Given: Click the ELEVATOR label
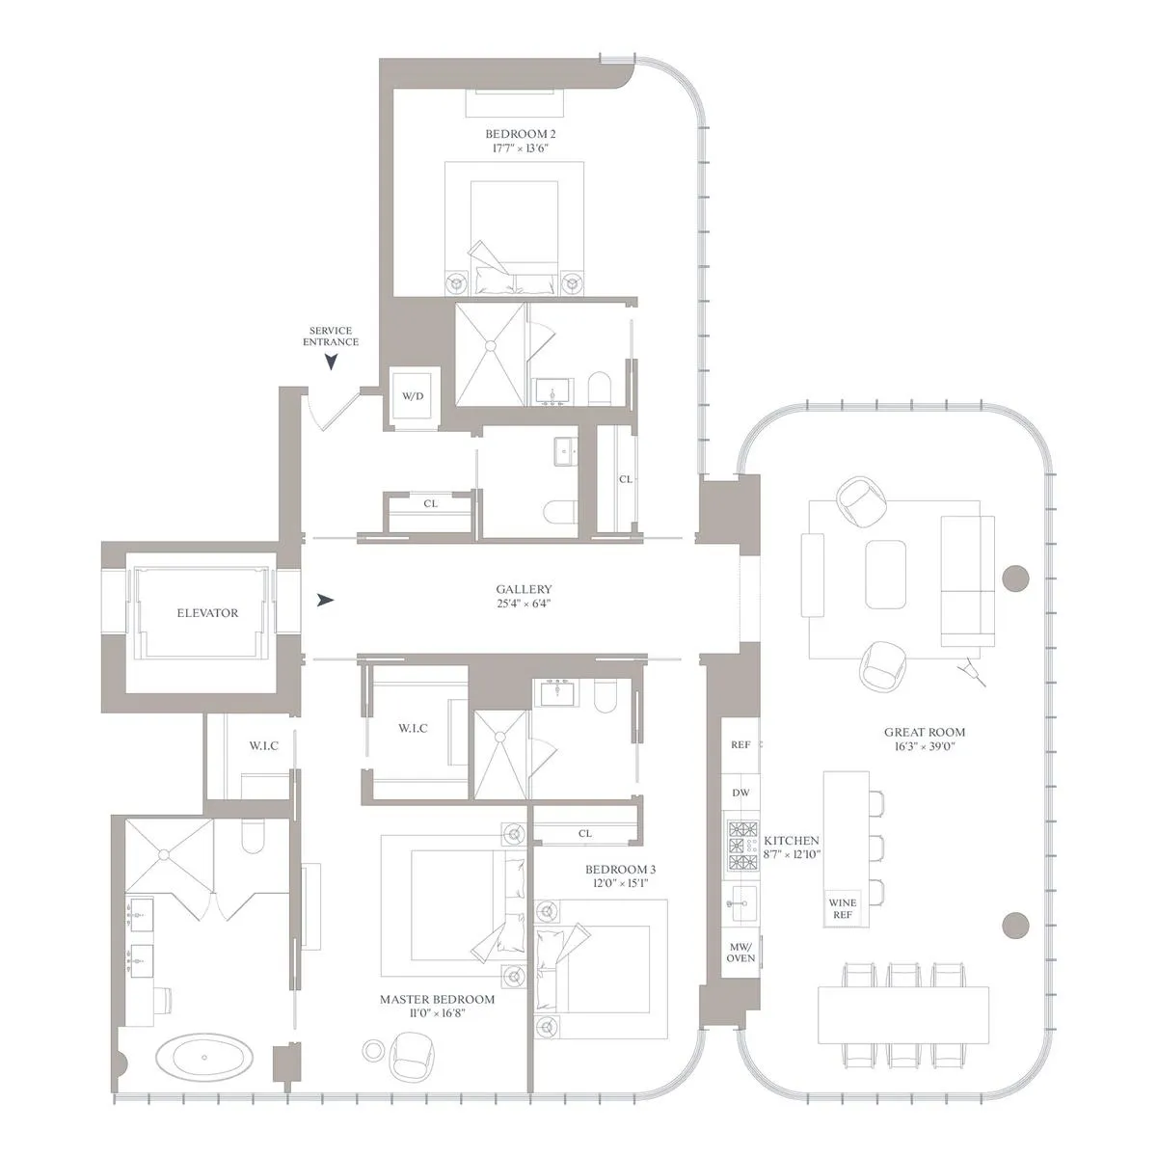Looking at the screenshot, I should (x=207, y=612).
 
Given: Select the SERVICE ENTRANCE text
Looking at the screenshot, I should (x=331, y=336).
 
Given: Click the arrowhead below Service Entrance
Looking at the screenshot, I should (x=332, y=363).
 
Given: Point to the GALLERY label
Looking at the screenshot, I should (x=524, y=589).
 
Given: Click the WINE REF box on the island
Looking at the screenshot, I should (x=842, y=908).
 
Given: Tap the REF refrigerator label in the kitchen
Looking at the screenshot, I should (x=740, y=745).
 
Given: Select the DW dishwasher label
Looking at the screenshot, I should (x=740, y=793).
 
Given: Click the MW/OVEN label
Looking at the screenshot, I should (x=740, y=952).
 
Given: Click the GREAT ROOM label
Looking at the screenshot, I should (x=925, y=732).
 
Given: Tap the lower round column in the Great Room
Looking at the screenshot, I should (x=1016, y=926).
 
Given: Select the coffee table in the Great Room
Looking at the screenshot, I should (x=885, y=574).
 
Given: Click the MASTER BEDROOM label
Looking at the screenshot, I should (x=437, y=1000).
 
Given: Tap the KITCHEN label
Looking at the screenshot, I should (x=792, y=841).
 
